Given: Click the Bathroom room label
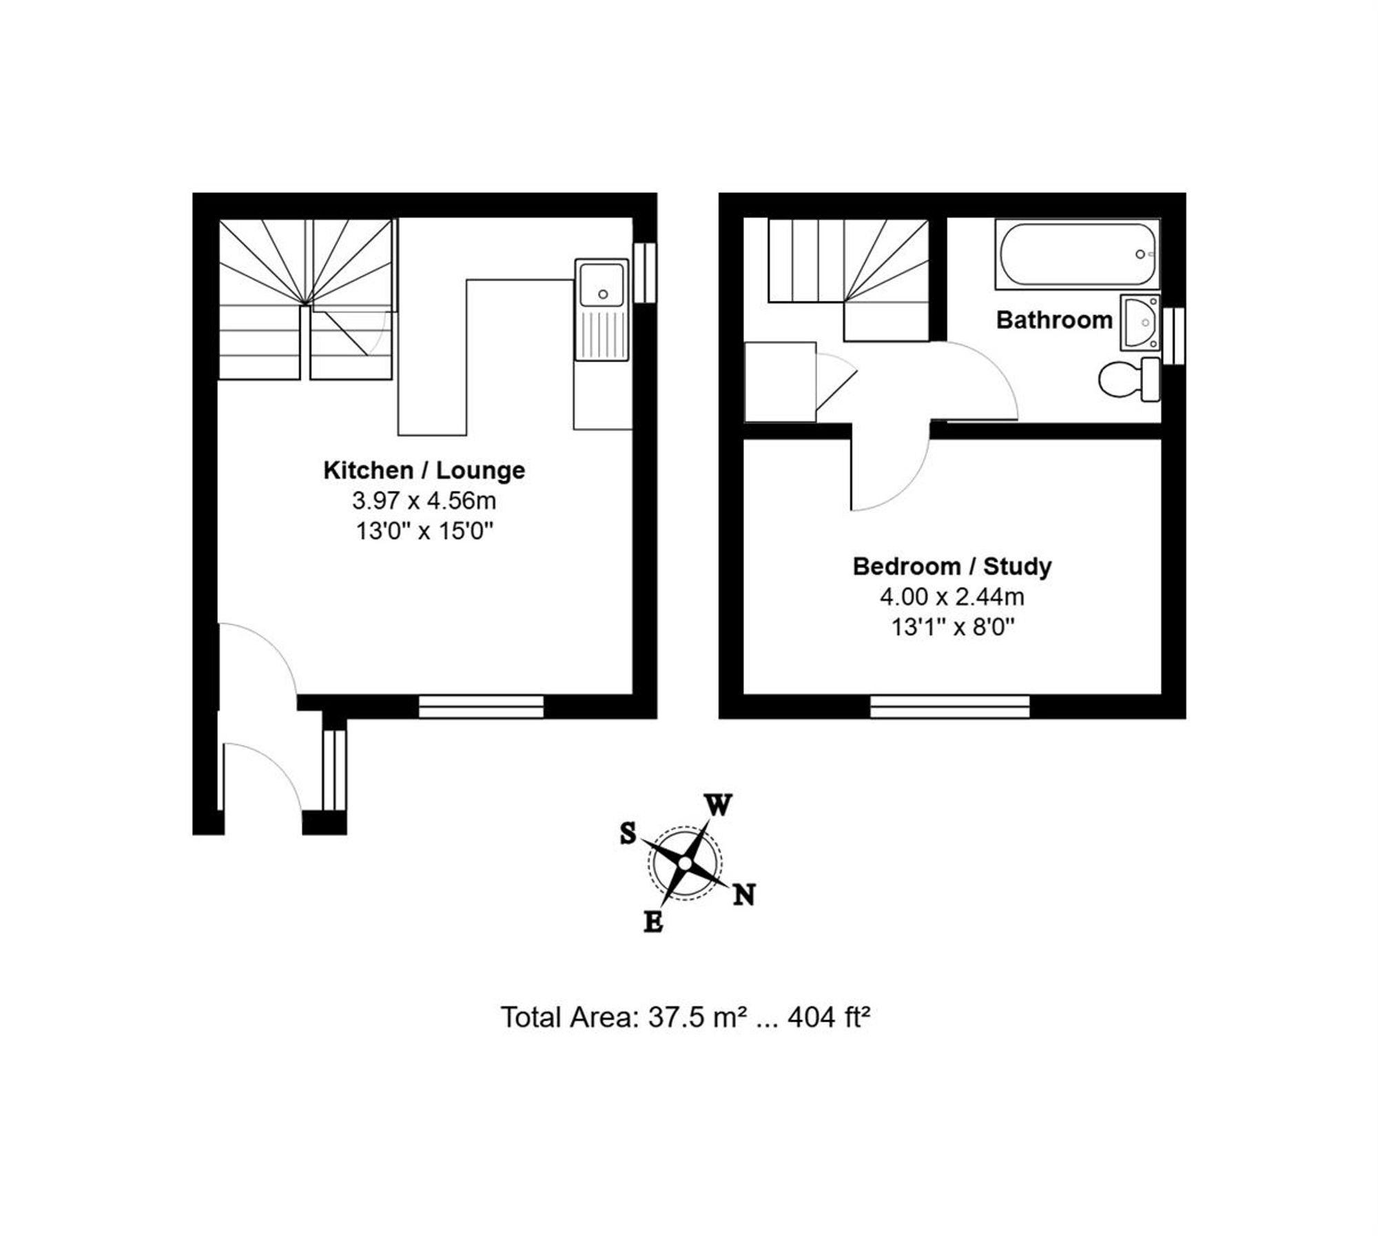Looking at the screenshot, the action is point(1054,321).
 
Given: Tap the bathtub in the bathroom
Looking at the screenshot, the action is point(1078,254).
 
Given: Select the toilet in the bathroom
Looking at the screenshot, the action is point(1129,379).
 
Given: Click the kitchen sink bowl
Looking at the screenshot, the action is point(602,283).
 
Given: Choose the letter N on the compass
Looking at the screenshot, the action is point(743,895).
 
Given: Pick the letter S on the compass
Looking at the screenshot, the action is point(628,833).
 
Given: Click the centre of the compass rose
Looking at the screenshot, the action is point(685,863).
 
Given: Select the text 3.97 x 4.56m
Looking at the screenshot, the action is point(424,500).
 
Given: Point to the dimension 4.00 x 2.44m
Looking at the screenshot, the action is point(952,596).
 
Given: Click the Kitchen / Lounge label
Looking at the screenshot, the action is point(424,471).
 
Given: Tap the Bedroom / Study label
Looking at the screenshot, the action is point(952,567).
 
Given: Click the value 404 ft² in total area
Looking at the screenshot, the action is point(829,1017).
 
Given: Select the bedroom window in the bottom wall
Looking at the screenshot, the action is point(949,707).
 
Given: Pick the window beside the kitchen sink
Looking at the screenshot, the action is point(645,272).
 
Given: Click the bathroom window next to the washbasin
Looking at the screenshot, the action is point(1173,336).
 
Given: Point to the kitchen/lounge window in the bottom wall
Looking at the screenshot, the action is point(481,707).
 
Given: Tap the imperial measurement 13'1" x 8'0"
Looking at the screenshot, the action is point(953,627).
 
